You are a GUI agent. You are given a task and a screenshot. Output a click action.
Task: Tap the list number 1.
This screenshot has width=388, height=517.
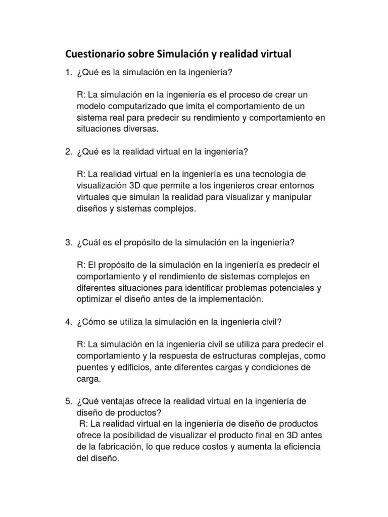click(67, 73)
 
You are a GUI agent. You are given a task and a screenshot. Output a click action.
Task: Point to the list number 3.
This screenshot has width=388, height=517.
click(67, 242)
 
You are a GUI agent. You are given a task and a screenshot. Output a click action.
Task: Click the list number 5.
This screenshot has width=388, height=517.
click(67, 401)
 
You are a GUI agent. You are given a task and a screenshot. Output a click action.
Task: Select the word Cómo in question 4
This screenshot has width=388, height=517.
click(91, 322)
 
